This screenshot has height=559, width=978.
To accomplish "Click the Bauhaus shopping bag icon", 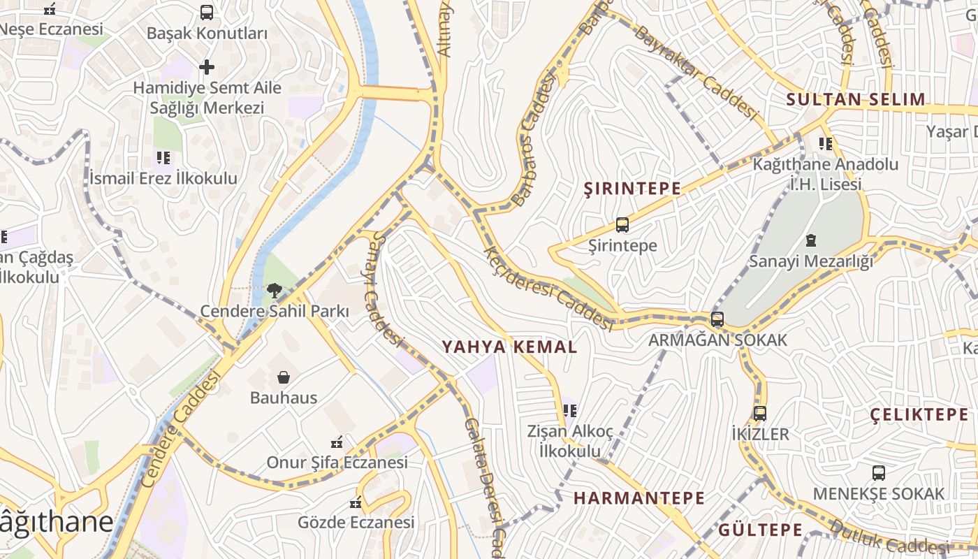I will [x=284, y=378].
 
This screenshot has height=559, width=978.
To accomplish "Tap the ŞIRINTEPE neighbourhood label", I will [x=632, y=188].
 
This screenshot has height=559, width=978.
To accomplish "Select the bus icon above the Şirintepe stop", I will [x=622, y=225].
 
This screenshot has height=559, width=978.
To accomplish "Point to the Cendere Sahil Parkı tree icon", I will [x=275, y=290].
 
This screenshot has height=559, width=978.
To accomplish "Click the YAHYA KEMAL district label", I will [x=510, y=347].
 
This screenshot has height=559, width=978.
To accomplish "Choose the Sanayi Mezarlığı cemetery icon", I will [x=811, y=241].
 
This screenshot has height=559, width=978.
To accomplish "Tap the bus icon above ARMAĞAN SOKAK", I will [x=717, y=319].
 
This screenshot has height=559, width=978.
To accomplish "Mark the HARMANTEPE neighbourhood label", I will [x=639, y=498].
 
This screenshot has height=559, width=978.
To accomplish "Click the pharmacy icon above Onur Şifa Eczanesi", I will [x=337, y=442].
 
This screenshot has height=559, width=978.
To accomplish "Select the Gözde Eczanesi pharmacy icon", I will [x=356, y=502].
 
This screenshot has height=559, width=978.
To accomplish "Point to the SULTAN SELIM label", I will [x=856, y=99].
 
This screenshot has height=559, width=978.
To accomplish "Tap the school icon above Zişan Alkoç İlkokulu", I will [x=570, y=410].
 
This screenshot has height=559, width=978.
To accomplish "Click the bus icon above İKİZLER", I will [x=760, y=413].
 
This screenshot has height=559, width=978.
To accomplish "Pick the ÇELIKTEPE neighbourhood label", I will [x=919, y=414].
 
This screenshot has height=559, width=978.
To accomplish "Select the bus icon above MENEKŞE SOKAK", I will [x=879, y=473].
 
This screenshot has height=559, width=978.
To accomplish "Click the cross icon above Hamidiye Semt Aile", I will [x=207, y=67].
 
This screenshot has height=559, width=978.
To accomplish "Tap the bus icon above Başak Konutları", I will [x=207, y=12].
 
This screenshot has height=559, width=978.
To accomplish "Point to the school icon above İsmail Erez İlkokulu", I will [x=163, y=158].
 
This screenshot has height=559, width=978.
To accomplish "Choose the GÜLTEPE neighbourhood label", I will [x=761, y=529].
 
